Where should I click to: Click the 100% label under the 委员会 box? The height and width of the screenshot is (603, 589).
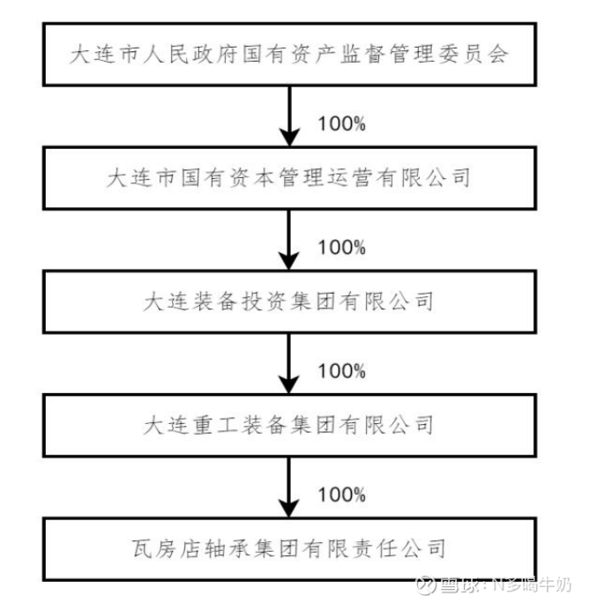click(x=341, y=123)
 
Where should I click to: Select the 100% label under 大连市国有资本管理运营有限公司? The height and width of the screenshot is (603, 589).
click(x=341, y=247)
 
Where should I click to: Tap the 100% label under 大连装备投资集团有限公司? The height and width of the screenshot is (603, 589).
click(x=341, y=370)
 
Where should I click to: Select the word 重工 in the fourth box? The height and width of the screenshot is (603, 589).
click(x=212, y=424)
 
